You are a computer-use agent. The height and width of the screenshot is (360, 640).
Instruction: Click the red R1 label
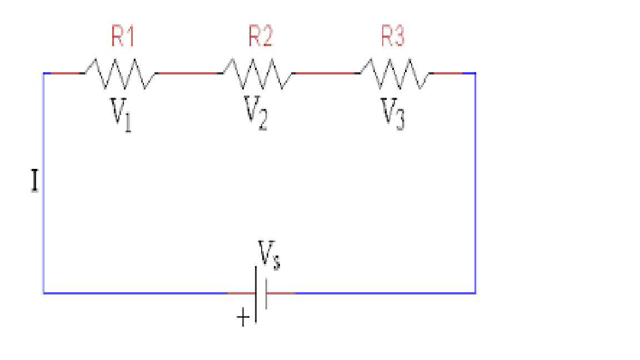[x=123, y=37]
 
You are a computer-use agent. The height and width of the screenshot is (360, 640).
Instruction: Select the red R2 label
[x=261, y=37]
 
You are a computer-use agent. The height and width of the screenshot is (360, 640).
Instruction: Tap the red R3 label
[x=393, y=37]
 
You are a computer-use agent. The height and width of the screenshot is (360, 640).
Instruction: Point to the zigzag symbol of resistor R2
[x=257, y=74]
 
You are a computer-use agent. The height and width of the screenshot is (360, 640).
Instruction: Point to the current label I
[x=34, y=182]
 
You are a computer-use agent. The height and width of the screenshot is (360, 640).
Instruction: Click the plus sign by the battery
[x=243, y=318]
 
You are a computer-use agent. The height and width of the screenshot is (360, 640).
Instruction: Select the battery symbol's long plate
[x=256, y=293]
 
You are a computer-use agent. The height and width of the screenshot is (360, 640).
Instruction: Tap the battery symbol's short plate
[x=266, y=293]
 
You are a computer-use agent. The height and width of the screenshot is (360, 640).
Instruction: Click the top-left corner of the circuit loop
[x=44, y=73]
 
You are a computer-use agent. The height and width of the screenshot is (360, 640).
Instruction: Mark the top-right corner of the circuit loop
[x=475, y=73]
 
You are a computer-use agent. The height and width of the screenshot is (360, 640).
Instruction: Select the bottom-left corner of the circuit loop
[x=44, y=292]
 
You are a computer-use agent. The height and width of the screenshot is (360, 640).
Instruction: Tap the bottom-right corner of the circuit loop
[x=475, y=292]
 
